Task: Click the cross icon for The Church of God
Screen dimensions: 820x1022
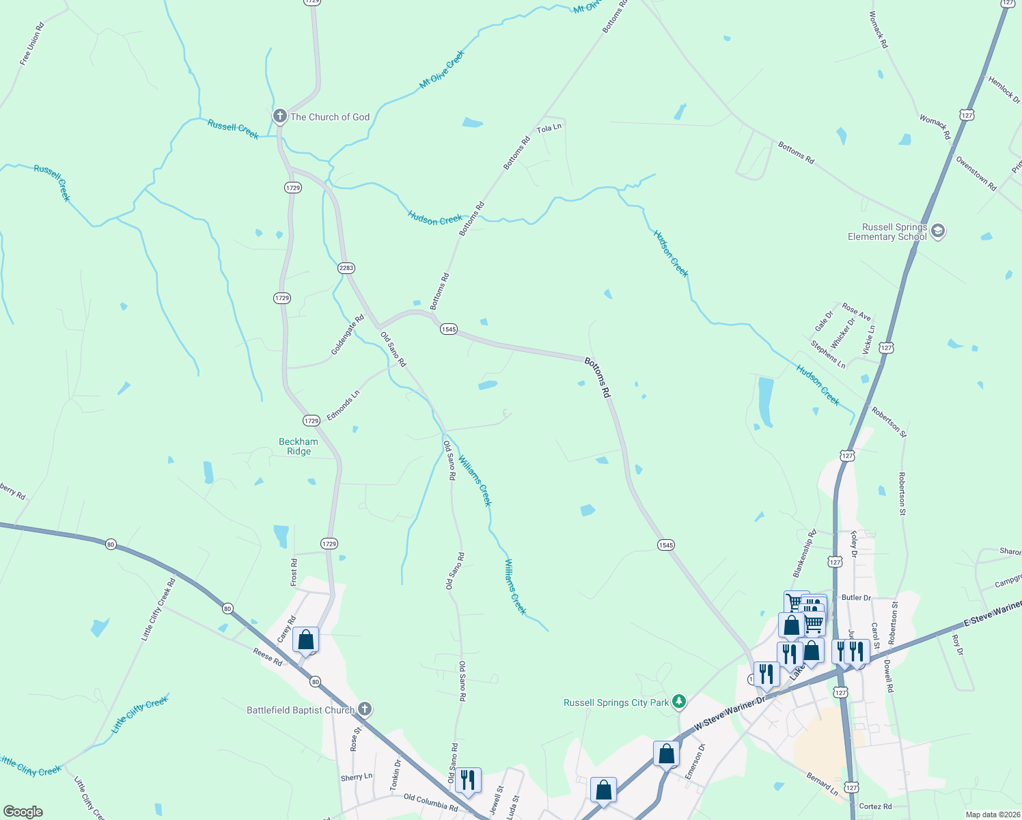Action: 279,116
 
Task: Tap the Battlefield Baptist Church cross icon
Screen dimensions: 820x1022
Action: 365,709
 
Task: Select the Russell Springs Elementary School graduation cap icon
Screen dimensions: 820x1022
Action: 938,231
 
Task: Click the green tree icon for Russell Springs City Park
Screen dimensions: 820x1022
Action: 678,702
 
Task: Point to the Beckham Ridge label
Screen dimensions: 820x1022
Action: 299,446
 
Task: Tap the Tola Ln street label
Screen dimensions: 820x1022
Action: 549,128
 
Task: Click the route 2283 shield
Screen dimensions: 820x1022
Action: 346,268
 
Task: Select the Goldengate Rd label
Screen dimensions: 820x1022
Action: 348,334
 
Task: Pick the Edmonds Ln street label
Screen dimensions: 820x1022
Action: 343,406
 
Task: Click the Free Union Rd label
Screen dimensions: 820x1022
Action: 31,44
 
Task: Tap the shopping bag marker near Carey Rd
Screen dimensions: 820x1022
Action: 305,640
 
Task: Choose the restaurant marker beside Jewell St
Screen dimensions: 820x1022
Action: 468,780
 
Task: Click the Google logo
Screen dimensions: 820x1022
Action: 23,811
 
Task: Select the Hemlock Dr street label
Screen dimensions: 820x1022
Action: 1004,90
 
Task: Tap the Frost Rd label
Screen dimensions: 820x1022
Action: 294,572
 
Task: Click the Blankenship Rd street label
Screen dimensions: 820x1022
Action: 804,552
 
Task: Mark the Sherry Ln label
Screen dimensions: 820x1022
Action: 357,778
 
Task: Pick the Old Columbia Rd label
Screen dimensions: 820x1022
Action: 430,802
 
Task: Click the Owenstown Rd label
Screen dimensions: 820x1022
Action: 976,174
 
